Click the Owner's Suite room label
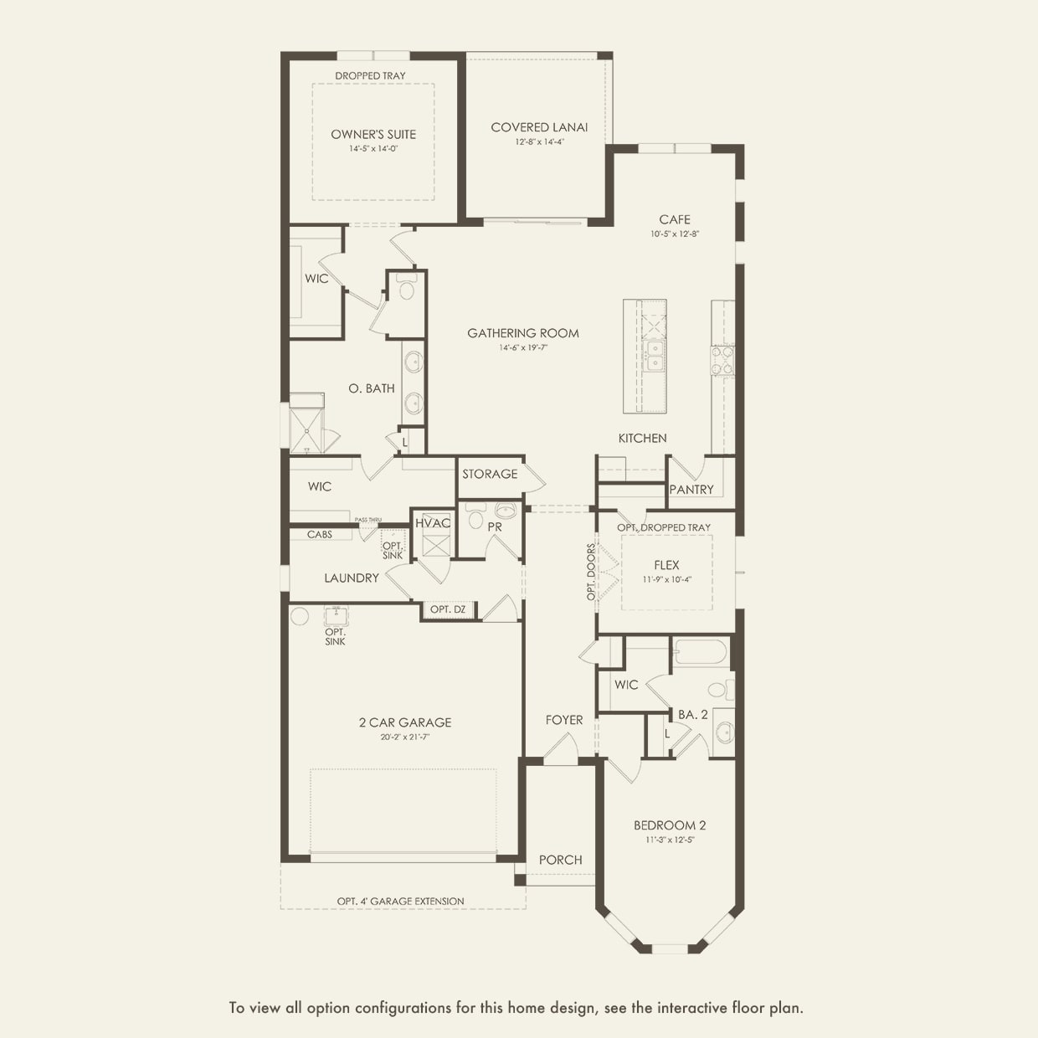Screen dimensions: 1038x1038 click(x=373, y=134)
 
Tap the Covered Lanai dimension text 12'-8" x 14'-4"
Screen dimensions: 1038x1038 click(x=539, y=142)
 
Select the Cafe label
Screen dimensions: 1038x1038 click(x=675, y=219)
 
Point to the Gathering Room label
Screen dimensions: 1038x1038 click(x=523, y=333)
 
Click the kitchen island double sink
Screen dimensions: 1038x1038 click(x=654, y=356)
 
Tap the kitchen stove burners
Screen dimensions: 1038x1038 click(x=722, y=360)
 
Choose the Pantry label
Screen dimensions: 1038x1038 click(x=691, y=489)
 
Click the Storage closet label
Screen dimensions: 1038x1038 click(x=490, y=474)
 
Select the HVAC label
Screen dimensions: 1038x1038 click(x=433, y=523)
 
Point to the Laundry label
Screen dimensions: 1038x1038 click(x=352, y=578)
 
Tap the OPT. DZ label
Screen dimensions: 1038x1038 click(x=448, y=609)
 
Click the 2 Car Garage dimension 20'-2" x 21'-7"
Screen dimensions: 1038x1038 click(x=405, y=737)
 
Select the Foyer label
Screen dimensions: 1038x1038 click(x=564, y=720)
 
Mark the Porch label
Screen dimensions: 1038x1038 click(x=561, y=860)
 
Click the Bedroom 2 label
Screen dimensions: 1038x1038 click(x=670, y=825)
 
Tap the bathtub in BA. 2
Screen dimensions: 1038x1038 click(x=701, y=652)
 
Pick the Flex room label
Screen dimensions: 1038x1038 click(x=666, y=565)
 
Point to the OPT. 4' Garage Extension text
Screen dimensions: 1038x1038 click(x=401, y=902)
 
